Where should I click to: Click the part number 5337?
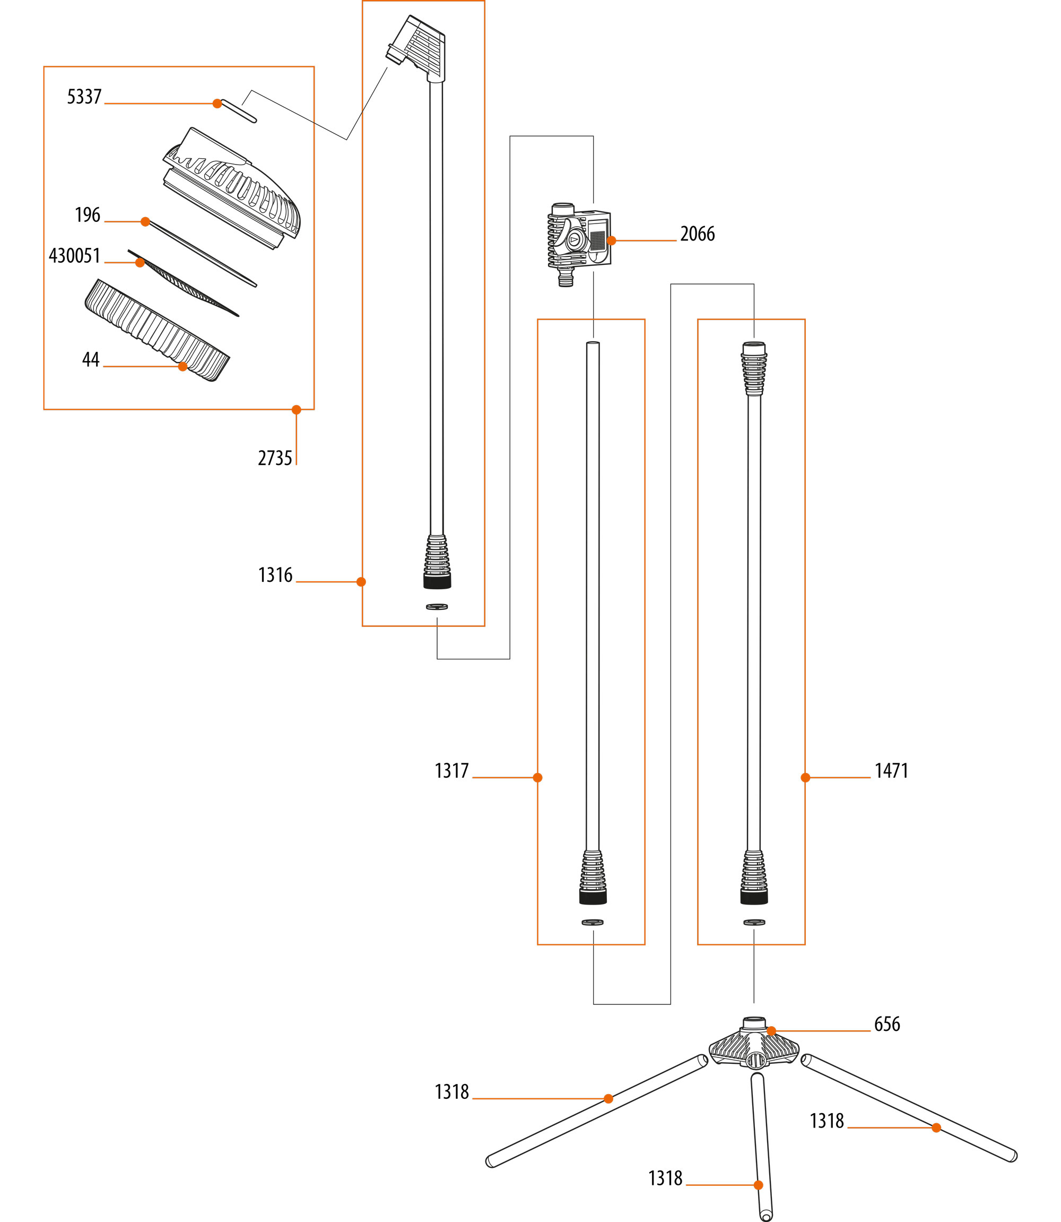(84, 97)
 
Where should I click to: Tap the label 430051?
(75, 256)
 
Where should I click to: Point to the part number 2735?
(275, 459)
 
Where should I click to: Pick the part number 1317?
(452, 771)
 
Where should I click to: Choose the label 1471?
(891, 771)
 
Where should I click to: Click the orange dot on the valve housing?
(612, 240)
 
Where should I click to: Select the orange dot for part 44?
(183, 367)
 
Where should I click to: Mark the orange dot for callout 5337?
(218, 104)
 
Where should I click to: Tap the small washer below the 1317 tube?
(593, 922)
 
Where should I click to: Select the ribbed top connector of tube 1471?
(754, 368)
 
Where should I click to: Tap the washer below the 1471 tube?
(754, 922)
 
